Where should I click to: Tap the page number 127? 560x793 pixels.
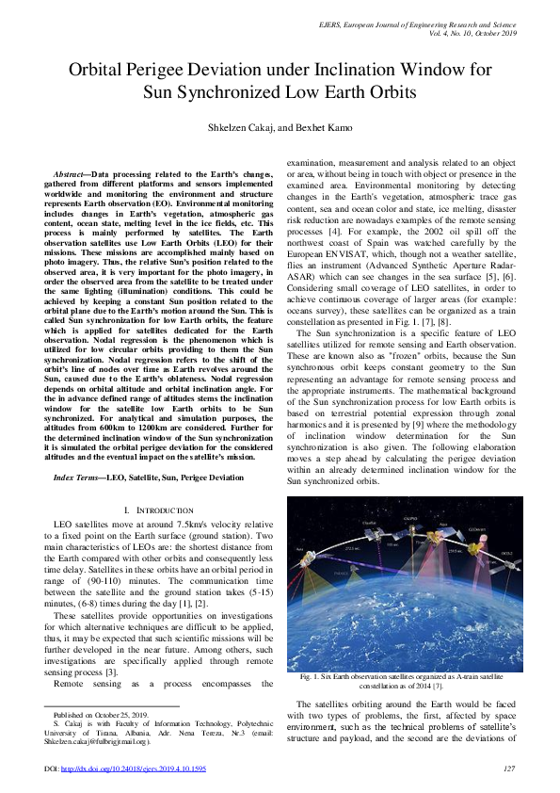(509, 769)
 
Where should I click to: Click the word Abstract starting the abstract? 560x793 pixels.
(72, 175)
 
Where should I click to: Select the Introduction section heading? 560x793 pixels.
(168, 509)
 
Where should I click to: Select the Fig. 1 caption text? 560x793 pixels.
(403, 682)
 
